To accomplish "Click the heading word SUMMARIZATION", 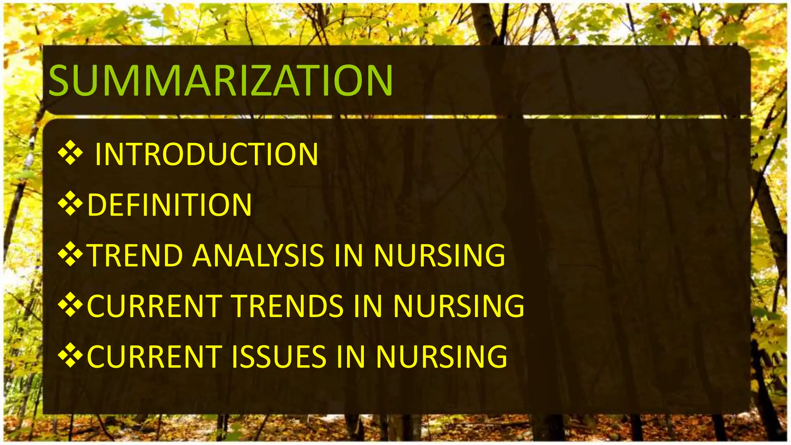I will (x=221, y=80).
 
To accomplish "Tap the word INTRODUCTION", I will (x=207, y=155).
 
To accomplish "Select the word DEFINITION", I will (x=170, y=205).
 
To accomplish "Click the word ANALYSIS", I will (x=258, y=255).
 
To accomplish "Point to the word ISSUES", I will (x=279, y=357).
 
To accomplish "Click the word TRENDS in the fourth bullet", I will (x=288, y=306).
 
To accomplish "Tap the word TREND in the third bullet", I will (x=136, y=255).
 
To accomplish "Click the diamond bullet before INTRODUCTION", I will (x=70, y=153).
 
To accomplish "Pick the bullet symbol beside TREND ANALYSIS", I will (x=70, y=254).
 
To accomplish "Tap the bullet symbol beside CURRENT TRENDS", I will (x=70, y=305).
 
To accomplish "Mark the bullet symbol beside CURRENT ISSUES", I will (x=70, y=355).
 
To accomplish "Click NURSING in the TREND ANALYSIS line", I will (x=440, y=255).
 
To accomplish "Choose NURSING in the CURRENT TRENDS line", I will (x=459, y=306).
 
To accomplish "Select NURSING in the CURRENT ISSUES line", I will (x=441, y=357).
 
